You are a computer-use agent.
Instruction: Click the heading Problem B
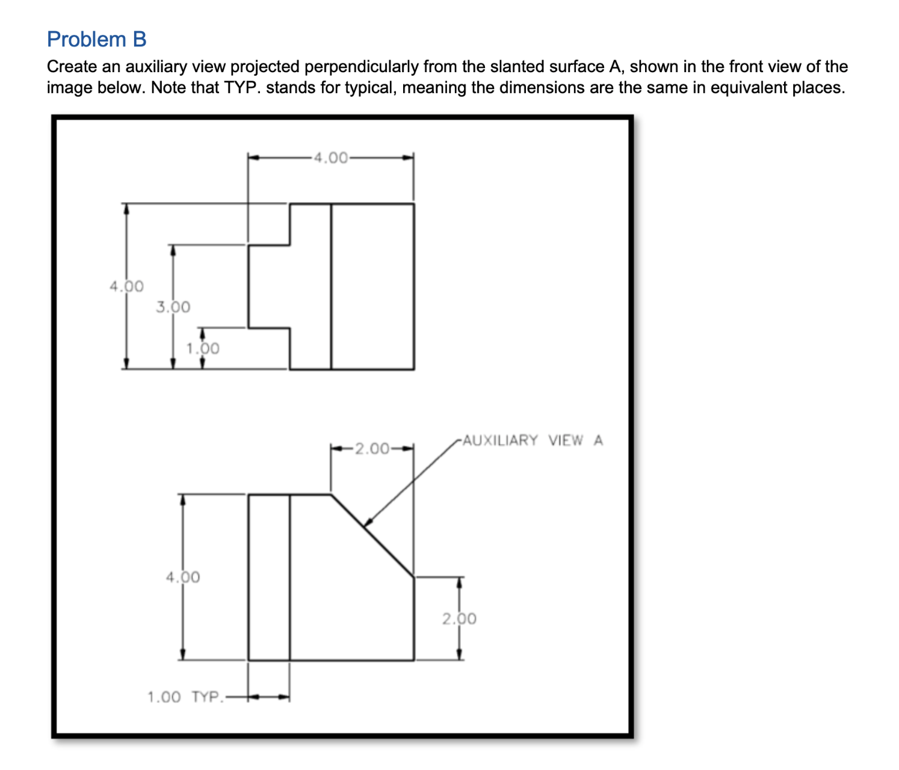coord(96,39)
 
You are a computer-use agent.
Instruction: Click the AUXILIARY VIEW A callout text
coord(533,440)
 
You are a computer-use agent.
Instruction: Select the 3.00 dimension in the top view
coord(173,307)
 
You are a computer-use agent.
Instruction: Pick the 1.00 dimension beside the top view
coord(202,348)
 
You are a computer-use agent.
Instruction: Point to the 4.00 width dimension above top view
coord(330,158)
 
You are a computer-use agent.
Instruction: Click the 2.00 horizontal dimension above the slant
coord(372,449)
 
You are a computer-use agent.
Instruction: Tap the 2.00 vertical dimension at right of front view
coord(459,619)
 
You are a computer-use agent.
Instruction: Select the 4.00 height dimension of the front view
coord(183,577)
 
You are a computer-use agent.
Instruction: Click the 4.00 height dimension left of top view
coord(126,286)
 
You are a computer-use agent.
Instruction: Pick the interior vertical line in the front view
coord(289,577)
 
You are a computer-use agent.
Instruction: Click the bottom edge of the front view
coord(331,661)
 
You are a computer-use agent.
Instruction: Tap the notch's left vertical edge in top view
coord(249,286)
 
